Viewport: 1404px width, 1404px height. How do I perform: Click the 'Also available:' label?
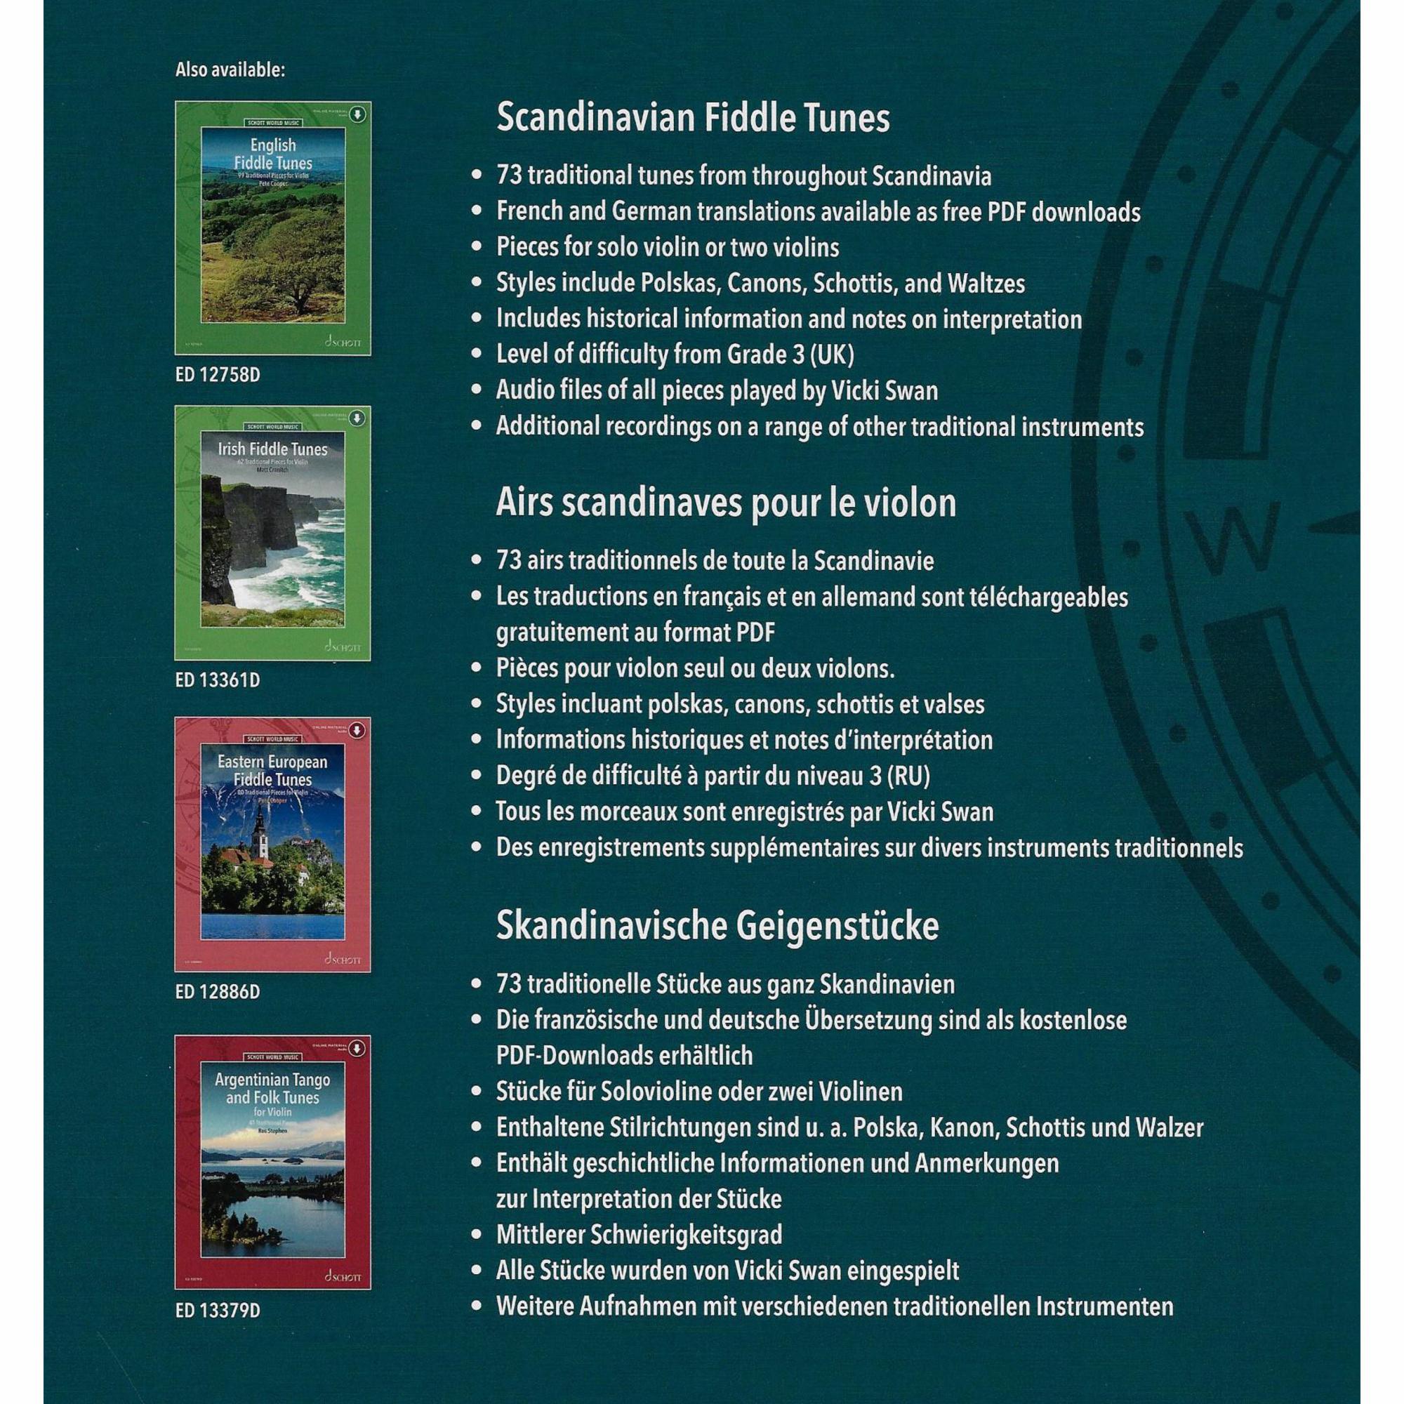click(x=230, y=69)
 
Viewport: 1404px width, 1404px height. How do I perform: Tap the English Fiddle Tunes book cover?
click(x=272, y=228)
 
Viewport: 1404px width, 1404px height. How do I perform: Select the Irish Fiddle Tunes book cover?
click(x=272, y=533)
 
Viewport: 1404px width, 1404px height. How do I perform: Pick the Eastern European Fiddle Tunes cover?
click(x=272, y=844)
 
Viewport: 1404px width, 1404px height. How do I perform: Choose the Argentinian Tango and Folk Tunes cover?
click(x=272, y=1162)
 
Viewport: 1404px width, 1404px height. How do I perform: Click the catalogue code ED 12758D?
click(x=218, y=375)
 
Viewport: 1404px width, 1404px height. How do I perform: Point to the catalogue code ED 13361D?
click(x=218, y=680)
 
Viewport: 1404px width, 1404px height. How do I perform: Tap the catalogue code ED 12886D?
click(x=218, y=991)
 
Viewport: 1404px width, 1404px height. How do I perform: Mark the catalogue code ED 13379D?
click(x=218, y=1310)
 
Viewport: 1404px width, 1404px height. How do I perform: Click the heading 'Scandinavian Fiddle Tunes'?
click(x=693, y=118)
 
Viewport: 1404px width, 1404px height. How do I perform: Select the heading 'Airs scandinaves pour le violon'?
click(x=725, y=503)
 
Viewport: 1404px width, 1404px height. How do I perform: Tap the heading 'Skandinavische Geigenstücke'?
click(x=717, y=926)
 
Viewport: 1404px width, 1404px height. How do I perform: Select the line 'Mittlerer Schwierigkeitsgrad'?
click(x=639, y=1235)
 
